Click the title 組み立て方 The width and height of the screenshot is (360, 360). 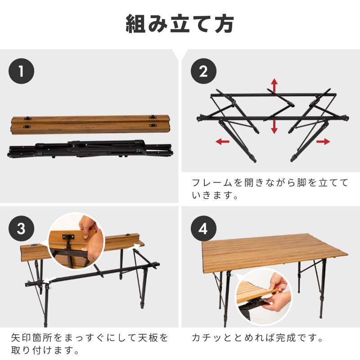(x=180, y=24)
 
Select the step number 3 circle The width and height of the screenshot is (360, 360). (x=22, y=228)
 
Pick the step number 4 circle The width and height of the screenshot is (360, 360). (x=204, y=228)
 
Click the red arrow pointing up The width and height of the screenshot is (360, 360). (x=274, y=85)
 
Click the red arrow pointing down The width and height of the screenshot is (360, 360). (x=274, y=128)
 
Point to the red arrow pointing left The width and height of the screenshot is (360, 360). (x=222, y=142)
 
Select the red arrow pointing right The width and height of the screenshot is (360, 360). (x=323, y=142)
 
